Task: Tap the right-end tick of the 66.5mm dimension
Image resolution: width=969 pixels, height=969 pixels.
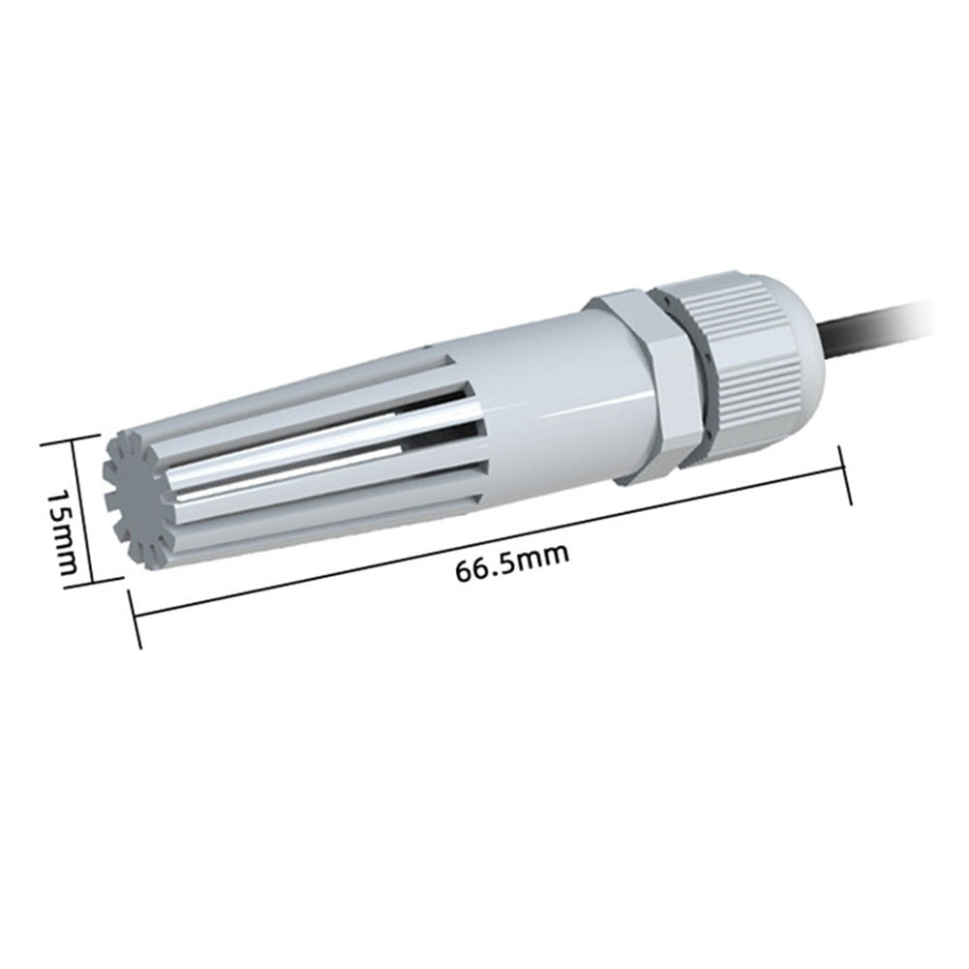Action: click(841, 473)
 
